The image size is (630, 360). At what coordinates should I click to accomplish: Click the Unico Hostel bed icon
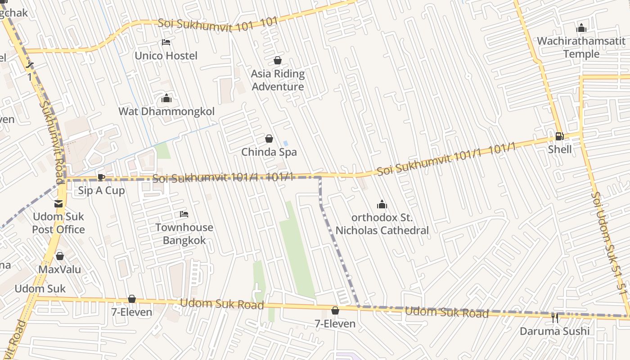(x=166, y=42)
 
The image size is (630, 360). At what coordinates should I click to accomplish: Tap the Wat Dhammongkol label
(x=166, y=111)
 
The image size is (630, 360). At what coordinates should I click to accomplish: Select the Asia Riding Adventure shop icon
(x=278, y=60)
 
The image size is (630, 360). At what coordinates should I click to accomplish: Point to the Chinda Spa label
(x=269, y=152)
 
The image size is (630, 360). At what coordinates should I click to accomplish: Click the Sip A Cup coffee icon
(x=101, y=177)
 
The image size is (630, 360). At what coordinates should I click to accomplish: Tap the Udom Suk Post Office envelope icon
(x=58, y=204)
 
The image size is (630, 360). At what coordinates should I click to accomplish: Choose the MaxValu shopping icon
(x=60, y=256)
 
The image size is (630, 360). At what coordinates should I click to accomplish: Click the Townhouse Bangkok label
(x=184, y=234)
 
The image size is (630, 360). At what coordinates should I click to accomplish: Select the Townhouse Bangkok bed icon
(x=184, y=214)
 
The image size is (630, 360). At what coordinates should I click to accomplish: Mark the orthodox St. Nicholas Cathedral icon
(x=382, y=205)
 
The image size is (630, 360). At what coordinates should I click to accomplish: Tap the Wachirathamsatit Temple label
(x=581, y=47)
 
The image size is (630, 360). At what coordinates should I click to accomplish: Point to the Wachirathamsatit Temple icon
(x=581, y=28)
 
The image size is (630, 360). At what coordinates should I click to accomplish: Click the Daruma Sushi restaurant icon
(x=554, y=318)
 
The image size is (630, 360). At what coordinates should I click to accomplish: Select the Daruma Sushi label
(x=554, y=331)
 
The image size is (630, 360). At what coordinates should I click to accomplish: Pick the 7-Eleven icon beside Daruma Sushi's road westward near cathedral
(x=335, y=310)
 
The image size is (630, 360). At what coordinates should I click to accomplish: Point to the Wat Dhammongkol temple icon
(x=166, y=98)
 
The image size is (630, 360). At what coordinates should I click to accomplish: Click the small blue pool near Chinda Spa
(x=286, y=144)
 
